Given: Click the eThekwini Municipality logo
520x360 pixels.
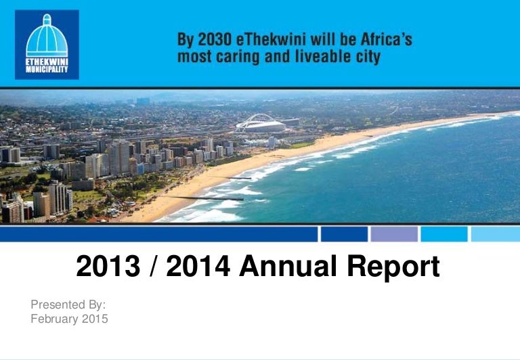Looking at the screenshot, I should pyautogui.click(x=47, y=45).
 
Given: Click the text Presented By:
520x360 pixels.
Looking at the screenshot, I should pyautogui.click(x=68, y=305).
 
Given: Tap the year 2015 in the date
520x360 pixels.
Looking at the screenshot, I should pyautogui.click(x=95, y=319).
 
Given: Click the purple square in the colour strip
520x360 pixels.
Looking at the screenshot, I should pyautogui.click(x=394, y=234).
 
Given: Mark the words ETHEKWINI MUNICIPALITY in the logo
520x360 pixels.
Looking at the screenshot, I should pyautogui.click(x=47, y=66).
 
